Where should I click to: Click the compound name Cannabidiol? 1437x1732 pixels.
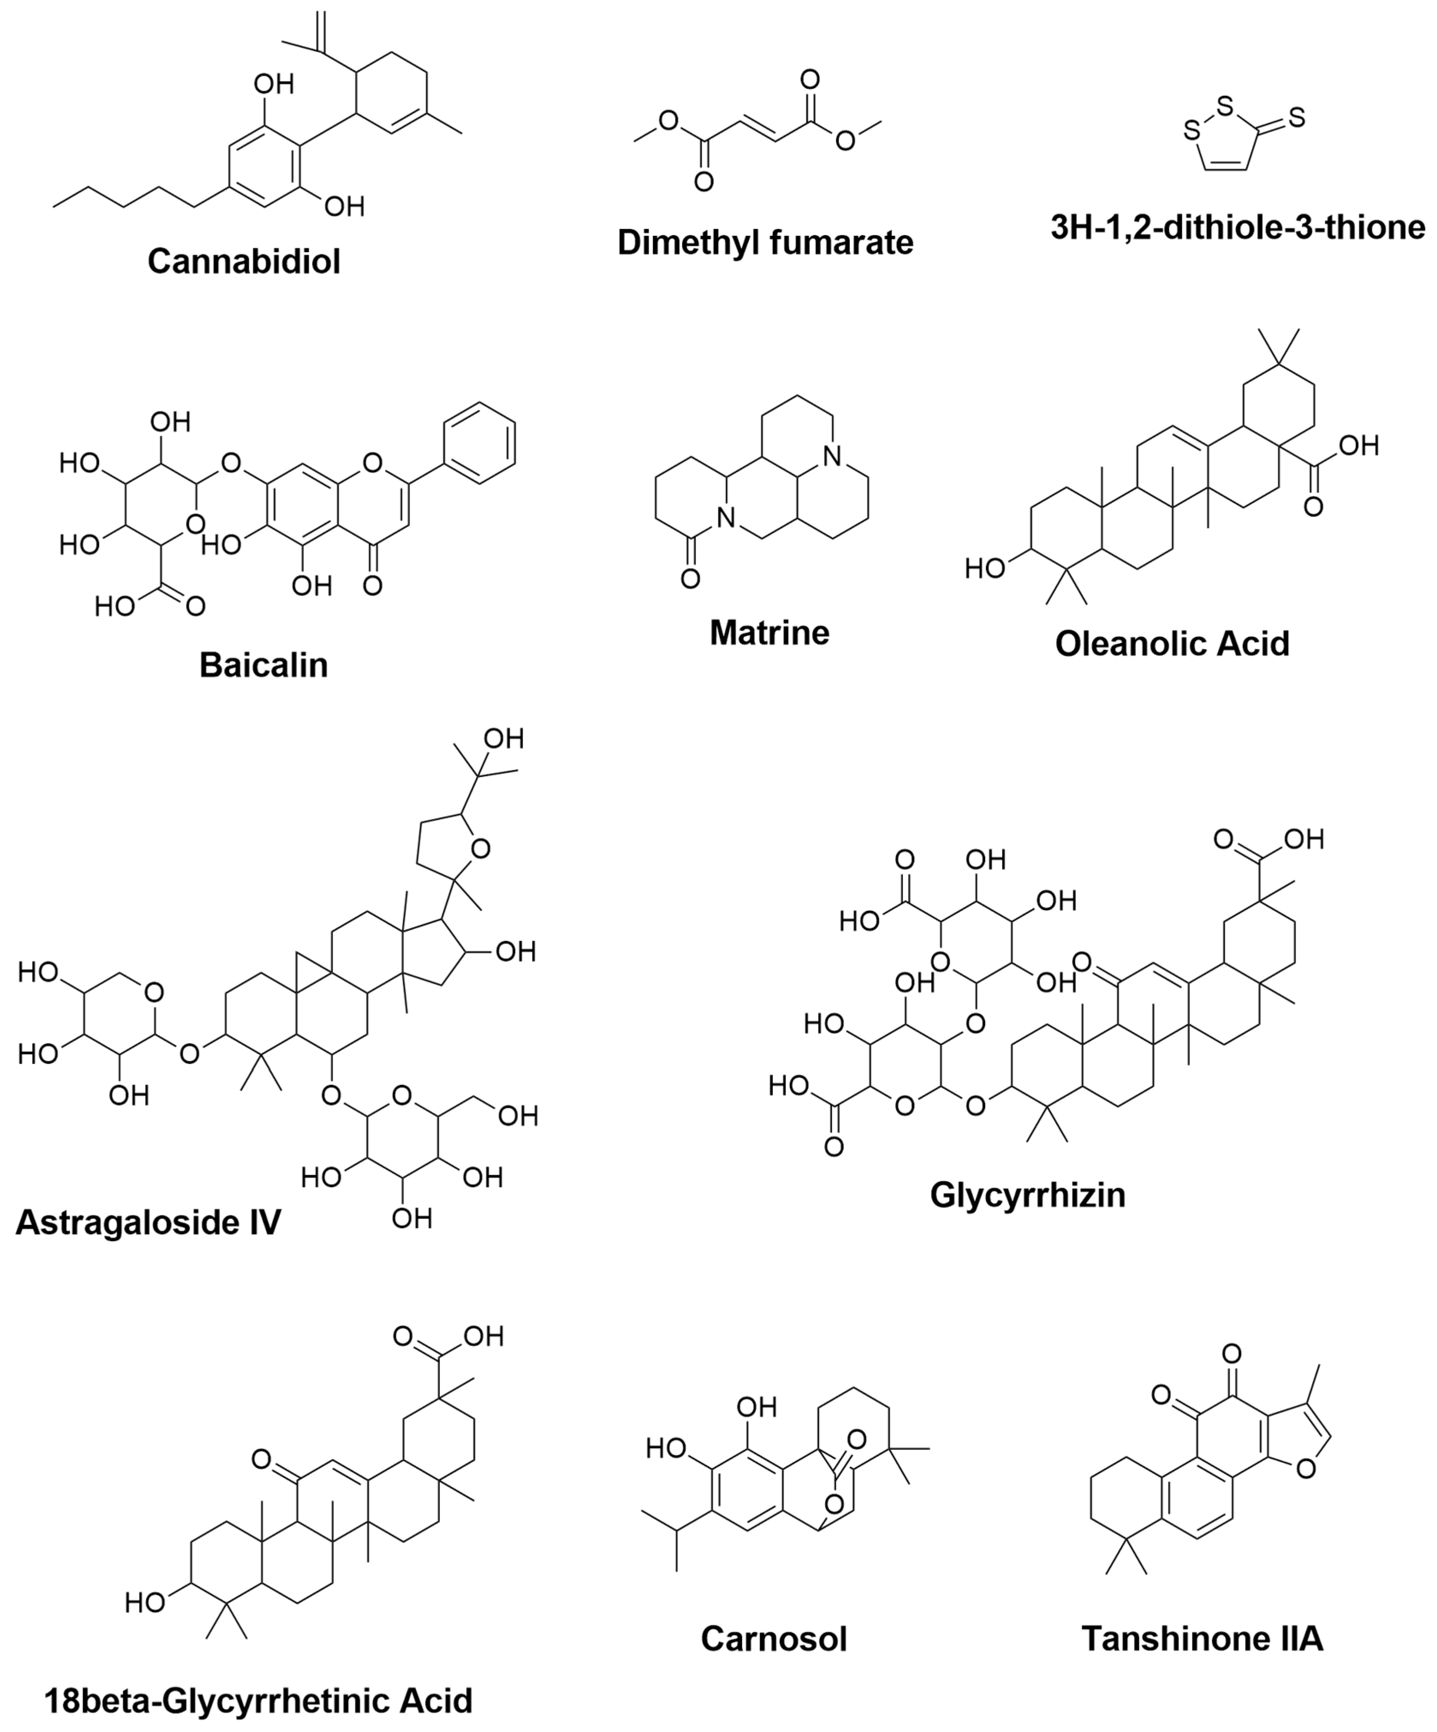click(244, 262)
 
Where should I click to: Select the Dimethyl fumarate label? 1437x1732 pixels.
click(765, 242)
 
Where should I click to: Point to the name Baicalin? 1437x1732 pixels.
click(264, 665)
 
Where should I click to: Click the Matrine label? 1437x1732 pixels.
click(769, 633)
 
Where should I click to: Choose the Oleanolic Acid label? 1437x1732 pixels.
click(1172, 643)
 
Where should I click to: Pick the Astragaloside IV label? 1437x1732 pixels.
click(148, 1222)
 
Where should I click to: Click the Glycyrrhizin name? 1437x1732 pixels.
click(1027, 1194)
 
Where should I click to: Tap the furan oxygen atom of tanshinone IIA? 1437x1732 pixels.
click(1306, 1469)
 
